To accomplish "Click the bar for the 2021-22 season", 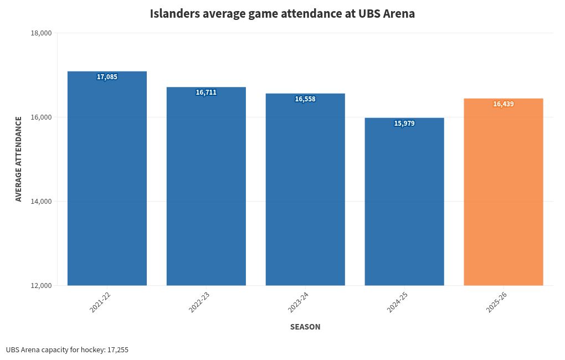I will (x=107, y=183).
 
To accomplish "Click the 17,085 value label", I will (x=107, y=77).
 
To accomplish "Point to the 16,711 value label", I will (x=206, y=92).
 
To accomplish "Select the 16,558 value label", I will (x=305, y=99).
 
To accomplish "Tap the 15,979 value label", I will (x=404, y=124).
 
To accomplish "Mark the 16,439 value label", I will (x=504, y=104).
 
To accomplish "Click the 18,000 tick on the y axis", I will (x=41, y=33).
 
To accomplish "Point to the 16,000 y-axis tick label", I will (x=41, y=117).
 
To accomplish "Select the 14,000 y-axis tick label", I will (x=41, y=202).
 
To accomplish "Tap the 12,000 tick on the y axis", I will (x=41, y=286).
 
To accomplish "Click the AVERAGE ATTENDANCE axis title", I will (x=19, y=158).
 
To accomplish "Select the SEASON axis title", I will (x=305, y=327).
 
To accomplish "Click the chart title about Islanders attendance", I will (x=282, y=13).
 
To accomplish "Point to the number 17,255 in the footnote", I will (x=118, y=350).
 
